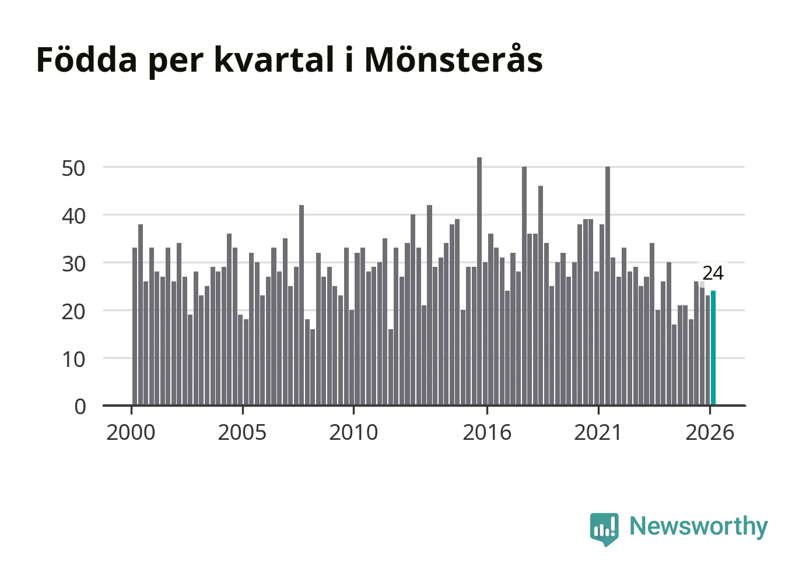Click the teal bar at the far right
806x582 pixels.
[x=713, y=348]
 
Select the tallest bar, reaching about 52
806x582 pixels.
[x=479, y=281]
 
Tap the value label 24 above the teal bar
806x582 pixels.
[x=713, y=273]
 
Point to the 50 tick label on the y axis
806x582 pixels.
[x=73, y=168]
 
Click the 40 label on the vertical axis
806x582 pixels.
[x=73, y=216]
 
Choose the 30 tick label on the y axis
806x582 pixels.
[x=73, y=264]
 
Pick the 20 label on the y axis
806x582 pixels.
[x=73, y=312]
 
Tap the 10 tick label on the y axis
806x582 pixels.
[x=73, y=359]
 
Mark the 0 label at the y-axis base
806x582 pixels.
[x=80, y=407]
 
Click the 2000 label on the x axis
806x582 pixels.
[x=131, y=432]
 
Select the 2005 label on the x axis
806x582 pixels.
[x=242, y=432]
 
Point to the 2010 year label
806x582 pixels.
[x=353, y=432]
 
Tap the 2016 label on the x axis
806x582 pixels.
[x=487, y=432]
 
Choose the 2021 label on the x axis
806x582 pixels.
[x=598, y=432]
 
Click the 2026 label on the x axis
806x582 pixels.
[x=710, y=432]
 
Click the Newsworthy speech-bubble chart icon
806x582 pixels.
[x=604, y=529]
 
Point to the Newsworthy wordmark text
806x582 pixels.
[x=699, y=527]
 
